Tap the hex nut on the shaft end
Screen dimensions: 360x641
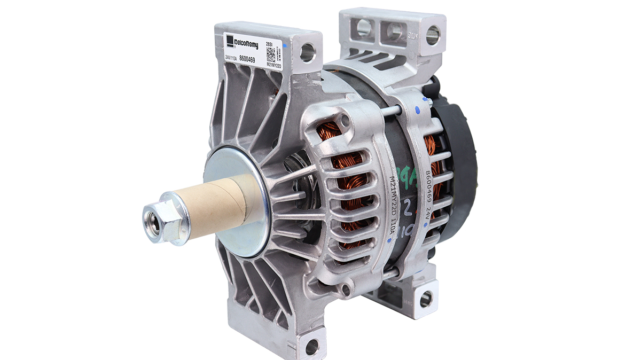pyautogui.click(x=159, y=218)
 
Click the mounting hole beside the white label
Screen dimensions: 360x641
pyautogui.click(x=308, y=52)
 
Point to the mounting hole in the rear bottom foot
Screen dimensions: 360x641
pyautogui.click(x=426, y=299)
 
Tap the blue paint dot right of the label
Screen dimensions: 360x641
pyautogui.click(x=290, y=48)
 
